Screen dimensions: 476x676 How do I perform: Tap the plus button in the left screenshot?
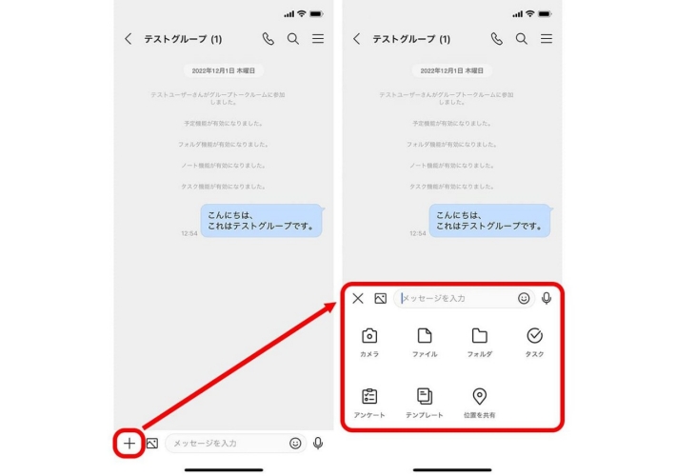pyautogui.click(x=129, y=443)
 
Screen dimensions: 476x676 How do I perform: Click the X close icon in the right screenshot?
pyautogui.click(x=358, y=298)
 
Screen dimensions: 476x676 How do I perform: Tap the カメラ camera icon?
pyautogui.click(x=369, y=336)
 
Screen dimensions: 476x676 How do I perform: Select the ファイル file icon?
pyautogui.click(x=425, y=336)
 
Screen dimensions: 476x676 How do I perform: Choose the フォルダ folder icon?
pyautogui.click(x=480, y=336)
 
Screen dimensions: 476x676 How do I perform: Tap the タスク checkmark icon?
pyautogui.click(x=535, y=336)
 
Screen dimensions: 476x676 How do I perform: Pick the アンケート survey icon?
pyautogui.click(x=369, y=396)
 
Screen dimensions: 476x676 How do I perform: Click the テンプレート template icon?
pyautogui.click(x=425, y=396)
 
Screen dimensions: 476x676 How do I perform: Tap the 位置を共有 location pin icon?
pyautogui.click(x=480, y=396)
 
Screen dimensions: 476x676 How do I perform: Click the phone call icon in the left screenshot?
pyautogui.click(x=268, y=39)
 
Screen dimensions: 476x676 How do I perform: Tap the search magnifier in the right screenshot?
pyautogui.click(x=522, y=39)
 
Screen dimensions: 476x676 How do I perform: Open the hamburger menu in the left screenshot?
pyautogui.click(x=318, y=39)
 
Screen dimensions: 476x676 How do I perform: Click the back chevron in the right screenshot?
pyautogui.click(x=357, y=39)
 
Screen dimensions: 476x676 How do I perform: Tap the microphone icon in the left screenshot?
pyautogui.click(x=318, y=443)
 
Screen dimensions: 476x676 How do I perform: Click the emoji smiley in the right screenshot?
pyautogui.click(x=524, y=298)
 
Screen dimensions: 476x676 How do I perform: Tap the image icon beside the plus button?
pyautogui.click(x=151, y=443)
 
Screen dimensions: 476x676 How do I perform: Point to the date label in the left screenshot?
pyautogui.click(x=223, y=70)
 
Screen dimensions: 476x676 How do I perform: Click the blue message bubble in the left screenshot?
pyautogui.click(x=261, y=221)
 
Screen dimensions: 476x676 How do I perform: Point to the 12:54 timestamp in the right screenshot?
pyautogui.click(x=418, y=233)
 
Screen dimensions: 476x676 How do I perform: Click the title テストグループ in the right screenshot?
pyautogui.click(x=411, y=39)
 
